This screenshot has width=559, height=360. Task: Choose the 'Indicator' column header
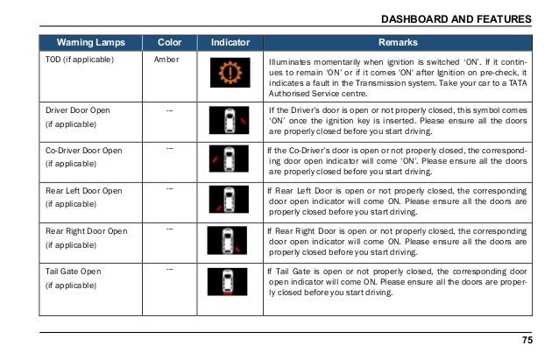tap(223, 42)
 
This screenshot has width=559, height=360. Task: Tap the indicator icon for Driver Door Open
tap(223, 122)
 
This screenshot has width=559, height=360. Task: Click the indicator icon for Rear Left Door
tap(223, 200)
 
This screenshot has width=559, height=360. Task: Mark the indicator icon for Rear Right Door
tap(223, 241)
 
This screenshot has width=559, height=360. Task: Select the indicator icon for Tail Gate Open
tap(223, 280)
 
